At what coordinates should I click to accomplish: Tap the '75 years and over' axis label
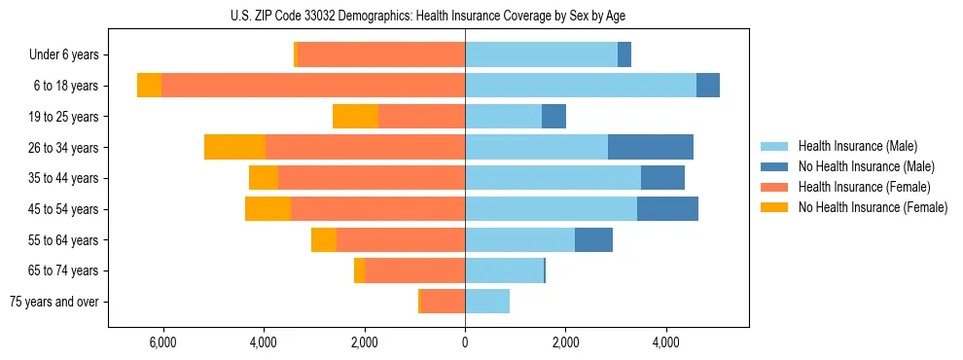click(x=54, y=302)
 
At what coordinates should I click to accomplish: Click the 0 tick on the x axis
click(x=465, y=342)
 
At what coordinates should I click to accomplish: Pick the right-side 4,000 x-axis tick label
click(x=666, y=342)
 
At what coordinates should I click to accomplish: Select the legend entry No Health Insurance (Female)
click(x=873, y=207)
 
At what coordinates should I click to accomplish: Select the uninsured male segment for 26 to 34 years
click(x=651, y=148)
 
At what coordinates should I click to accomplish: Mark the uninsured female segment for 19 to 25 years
click(x=355, y=117)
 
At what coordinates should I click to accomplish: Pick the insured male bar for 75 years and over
click(x=487, y=302)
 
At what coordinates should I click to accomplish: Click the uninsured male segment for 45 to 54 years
click(x=667, y=209)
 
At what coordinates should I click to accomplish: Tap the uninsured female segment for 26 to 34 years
click(x=234, y=148)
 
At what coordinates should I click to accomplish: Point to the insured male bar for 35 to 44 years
click(x=553, y=178)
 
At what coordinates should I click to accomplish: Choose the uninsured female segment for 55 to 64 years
click(x=324, y=240)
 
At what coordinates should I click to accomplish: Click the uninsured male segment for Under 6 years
click(x=624, y=55)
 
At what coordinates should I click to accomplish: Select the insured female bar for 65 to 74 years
click(x=415, y=270)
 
